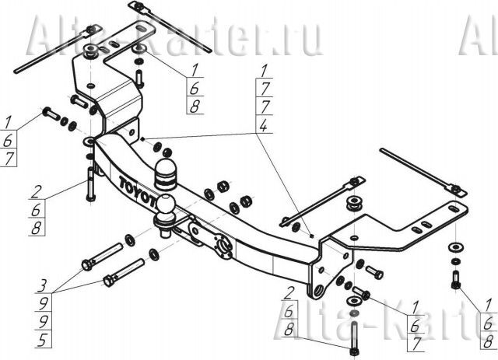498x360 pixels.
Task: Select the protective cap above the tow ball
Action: coord(167,175)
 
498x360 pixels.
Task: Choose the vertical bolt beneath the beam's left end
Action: coord(91,185)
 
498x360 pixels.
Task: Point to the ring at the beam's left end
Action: coord(90,142)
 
